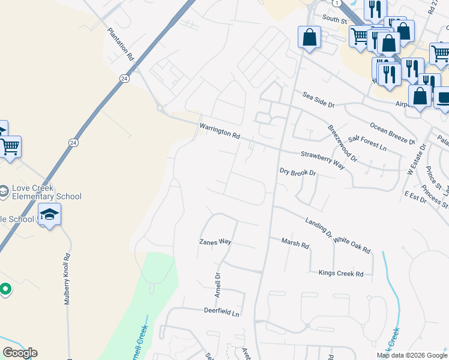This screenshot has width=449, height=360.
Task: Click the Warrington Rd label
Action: point(220,131)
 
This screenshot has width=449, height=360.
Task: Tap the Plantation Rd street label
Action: point(121,44)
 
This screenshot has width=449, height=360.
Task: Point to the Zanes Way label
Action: point(215,242)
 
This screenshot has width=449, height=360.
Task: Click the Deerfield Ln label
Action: point(221,313)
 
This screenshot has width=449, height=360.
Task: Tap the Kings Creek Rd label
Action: point(341,274)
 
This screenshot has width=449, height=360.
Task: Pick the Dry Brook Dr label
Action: point(298,172)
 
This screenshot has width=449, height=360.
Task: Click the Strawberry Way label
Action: point(322,159)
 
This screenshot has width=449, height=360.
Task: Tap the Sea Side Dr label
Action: point(318,100)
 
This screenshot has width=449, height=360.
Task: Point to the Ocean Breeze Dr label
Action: point(392,133)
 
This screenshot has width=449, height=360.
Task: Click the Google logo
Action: point(20,353)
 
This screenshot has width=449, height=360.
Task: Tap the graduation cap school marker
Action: point(50,214)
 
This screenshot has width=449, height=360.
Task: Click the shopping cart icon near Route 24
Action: point(10,146)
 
